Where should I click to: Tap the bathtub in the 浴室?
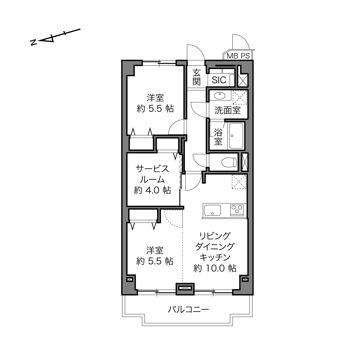[x=236, y=136]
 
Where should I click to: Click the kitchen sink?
[x=212, y=210]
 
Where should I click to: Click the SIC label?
[x=219, y=80]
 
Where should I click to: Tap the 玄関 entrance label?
[x=196, y=77]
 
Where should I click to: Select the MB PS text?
[x=238, y=56]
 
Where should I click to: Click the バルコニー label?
[x=188, y=309]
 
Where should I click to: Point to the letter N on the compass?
[x=33, y=42]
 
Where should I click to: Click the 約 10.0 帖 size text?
[x=215, y=268]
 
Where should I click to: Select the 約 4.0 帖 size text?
[x=152, y=190]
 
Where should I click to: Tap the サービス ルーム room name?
[x=152, y=174]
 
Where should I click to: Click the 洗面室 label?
[x=227, y=110]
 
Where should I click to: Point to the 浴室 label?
[x=218, y=137]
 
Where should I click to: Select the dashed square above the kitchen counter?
[x=239, y=182]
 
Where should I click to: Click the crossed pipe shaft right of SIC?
[x=243, y=80]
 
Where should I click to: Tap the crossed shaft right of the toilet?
[x=245, y=162]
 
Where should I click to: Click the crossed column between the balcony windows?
[x=185, y=288]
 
